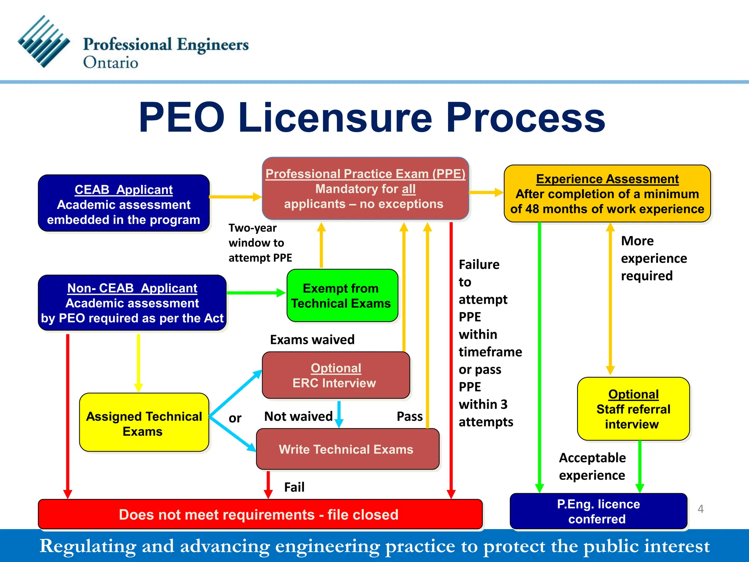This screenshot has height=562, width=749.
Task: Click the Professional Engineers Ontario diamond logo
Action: click(x=44, y=41)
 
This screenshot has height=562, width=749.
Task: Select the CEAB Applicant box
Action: click(x=124, y=203)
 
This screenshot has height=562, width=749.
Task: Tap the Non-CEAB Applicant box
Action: click(x=132, y=303)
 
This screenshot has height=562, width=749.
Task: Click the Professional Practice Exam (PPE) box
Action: click(x=365, y=189)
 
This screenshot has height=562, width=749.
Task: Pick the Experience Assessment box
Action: click(x=607, y=194)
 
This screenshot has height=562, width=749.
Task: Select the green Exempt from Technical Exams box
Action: click(x=342, y=296)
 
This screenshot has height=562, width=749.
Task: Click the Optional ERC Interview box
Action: click(x=336, y=375)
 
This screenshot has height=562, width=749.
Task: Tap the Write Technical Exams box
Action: click(x=347, y=449)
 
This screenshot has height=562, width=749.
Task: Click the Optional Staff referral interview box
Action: click(x=633, y=409)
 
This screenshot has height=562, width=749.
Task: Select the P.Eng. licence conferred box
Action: click(x=598, y=511)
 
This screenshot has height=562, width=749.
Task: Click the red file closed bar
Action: click(x=260, y=514)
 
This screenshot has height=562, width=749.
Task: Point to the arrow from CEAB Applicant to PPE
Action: click(x=235, y=197)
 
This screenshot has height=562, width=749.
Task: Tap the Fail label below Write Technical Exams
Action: click(x=294, y=487)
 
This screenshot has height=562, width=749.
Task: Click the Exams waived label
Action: click(x=312, y=340)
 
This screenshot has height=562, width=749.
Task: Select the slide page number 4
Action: click(x=700, y=509)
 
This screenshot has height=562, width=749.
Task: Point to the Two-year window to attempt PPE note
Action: click(x=260, y=243)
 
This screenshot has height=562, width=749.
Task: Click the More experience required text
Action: click(x=654, y=258)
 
